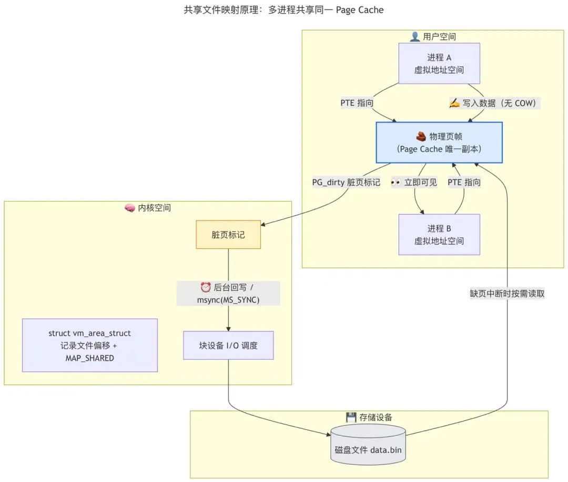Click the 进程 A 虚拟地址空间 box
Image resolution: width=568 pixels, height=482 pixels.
coord(439,64)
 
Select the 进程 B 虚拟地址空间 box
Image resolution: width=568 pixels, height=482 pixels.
coord(439,235)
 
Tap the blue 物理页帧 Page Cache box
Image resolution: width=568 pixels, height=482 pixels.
coord(439,143)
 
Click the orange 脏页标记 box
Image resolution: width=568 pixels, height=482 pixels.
coord(228,235)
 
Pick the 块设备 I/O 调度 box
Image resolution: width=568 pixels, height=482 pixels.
coord(228,345)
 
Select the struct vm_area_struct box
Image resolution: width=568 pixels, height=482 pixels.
coord(90,345)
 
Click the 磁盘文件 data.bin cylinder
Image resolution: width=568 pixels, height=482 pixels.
coord(368,445)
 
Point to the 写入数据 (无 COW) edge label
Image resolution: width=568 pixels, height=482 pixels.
coord(494,103)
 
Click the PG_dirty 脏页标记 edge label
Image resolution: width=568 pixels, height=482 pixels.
coord(346,182)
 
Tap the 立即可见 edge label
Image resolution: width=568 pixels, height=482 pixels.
coord(414,182)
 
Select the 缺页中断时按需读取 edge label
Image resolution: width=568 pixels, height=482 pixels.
coord(507,294)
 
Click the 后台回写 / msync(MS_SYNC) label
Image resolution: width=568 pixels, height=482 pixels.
coord(228,294)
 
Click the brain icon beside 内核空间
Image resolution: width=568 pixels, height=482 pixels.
coord(130,208)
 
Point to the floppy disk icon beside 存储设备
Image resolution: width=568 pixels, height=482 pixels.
coord(351,417)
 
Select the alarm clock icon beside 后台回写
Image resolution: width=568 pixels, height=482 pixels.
coord(206,287)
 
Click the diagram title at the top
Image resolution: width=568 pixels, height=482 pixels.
coord(283,10)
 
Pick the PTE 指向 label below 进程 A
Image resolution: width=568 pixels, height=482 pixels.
coord(357,103)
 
